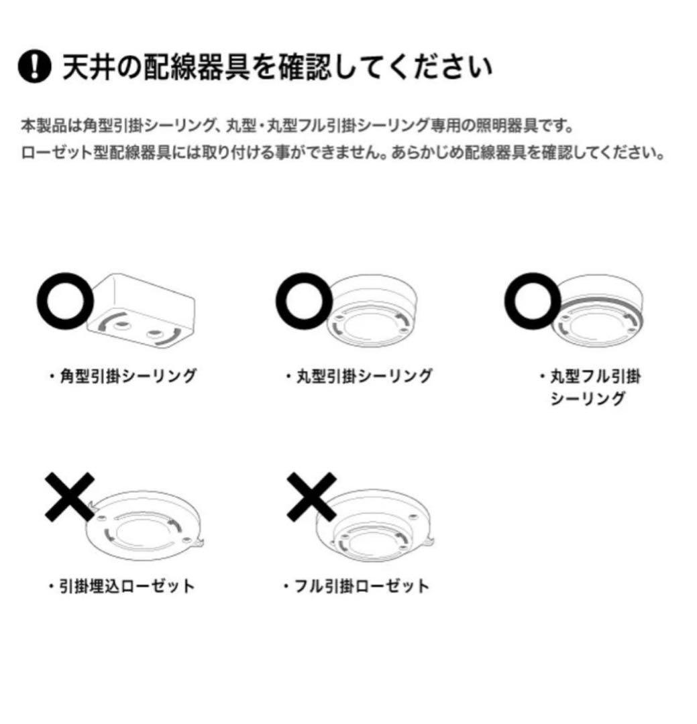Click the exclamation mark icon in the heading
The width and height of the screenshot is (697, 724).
pos(34,68)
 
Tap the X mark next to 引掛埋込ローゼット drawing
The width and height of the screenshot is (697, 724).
pos(69,497)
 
